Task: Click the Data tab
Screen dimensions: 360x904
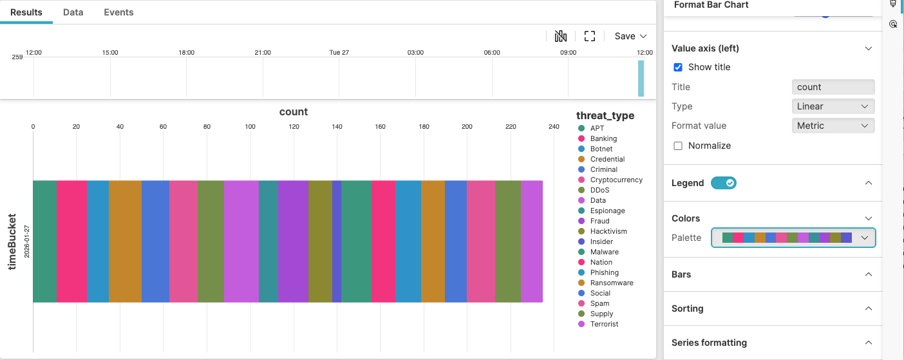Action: click(x=73, y=12)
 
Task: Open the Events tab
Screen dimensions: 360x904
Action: click(x=118, y=12)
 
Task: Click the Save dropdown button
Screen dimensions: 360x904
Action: click(x=630, y=36)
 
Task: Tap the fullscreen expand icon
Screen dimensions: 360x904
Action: click(x=589, y=36)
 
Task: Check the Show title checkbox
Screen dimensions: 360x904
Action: click(x=677, y=67)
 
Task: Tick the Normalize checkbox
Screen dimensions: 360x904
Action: click(x=677, y=146)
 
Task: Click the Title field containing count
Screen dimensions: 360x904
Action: click(x=832, y=87)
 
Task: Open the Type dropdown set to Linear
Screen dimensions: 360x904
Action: click(x=832, y=106)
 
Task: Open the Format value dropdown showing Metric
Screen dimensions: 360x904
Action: click(x=832, y=126)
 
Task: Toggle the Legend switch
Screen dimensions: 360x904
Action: click(x=723, y=183)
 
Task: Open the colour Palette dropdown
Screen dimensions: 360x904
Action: click(x=793, y=238)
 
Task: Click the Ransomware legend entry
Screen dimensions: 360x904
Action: click(x=611, y=283)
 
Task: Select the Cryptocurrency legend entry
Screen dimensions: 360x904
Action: click(x=616, y=180)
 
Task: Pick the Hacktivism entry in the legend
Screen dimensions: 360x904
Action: click(x=608, y=231)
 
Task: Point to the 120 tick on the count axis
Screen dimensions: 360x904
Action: click(x=294, y=127)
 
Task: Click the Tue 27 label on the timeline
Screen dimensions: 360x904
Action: click(x=339, y=52)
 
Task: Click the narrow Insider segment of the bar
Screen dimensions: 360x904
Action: click(x=336, y=242)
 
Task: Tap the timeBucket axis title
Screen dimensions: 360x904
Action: click(x=12, y=242)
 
